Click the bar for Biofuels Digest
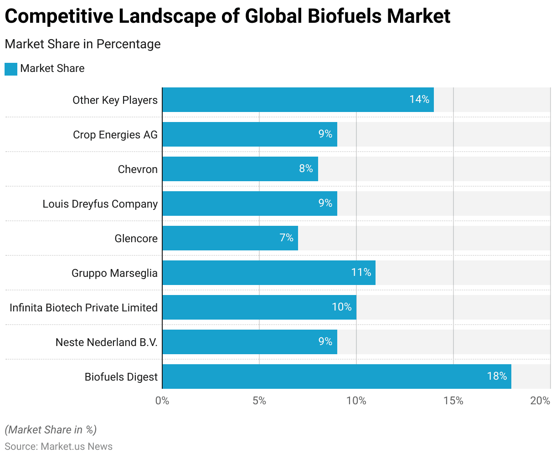point(336,377)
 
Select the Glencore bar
point(230,238)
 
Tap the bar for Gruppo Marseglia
point(269,273)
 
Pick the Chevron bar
point(240,169)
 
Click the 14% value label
point(419,99)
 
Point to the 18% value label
point(497,376)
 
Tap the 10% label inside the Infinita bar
point(342,307)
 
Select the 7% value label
point(287,238)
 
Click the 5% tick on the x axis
point(259,401)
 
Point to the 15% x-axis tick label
point(453,401)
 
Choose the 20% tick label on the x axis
point(540,401)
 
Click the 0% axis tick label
point(162,401)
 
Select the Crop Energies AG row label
point(115,135)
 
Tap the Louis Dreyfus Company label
point(100,204)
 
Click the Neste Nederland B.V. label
point(107,342)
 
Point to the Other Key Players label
point(115,100)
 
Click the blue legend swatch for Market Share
point(11,69)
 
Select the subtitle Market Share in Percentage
point(82,44)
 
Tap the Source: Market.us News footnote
point(59,446)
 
